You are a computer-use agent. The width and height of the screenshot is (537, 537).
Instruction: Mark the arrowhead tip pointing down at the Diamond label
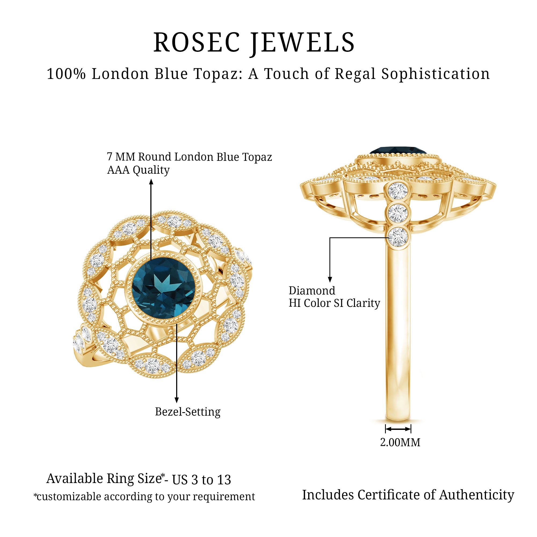point(330,282)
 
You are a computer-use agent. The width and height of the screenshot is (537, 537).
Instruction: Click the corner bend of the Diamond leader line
point(330,238)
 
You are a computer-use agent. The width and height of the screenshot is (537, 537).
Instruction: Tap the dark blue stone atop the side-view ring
point(398,151)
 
